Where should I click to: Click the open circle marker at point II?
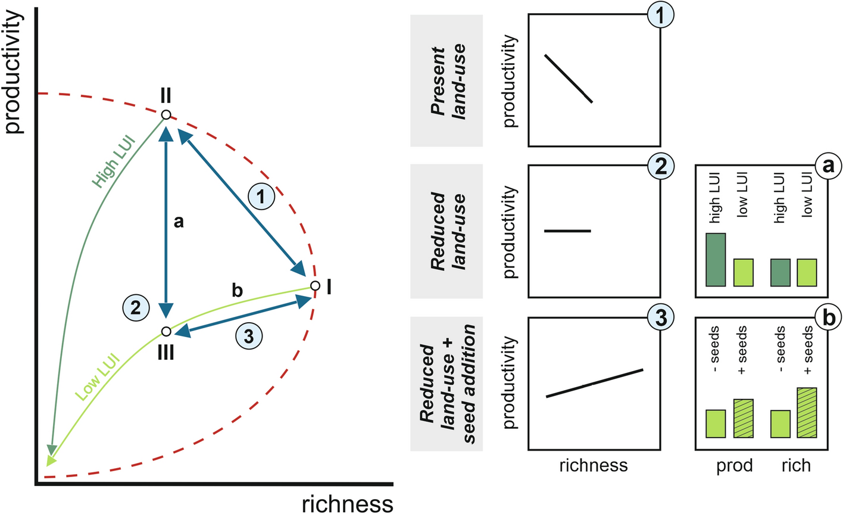[166, 115]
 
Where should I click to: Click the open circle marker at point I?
[314, 288]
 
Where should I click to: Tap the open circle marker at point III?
[166, 331]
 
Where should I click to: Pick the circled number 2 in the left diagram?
[136, 307]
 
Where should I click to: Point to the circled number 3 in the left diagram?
[249, 337]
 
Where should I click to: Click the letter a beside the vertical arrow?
[178, 222]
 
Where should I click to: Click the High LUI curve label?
[113, 163]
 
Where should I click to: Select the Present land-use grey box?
[447, 80]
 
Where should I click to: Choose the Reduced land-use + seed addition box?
[447, 383]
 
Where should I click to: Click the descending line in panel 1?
[569, 79]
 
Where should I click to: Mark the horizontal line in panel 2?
[567, 230]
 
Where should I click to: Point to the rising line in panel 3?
[595, 383]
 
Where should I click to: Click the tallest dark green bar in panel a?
[716, 260]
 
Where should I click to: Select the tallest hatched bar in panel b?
[807, 413]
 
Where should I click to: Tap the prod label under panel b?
[734, 465]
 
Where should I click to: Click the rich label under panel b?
[796, 465]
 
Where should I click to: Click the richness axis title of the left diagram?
[347, 503]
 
